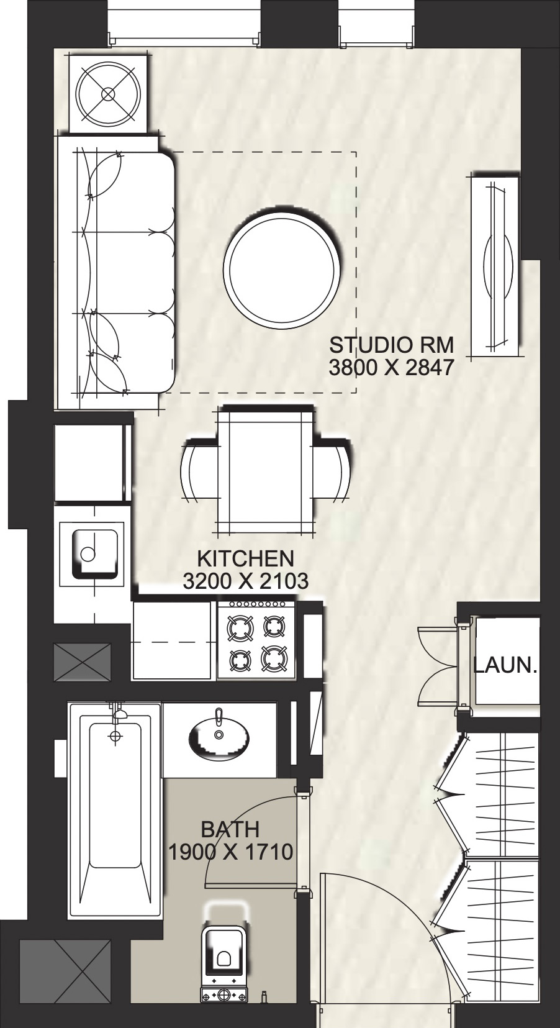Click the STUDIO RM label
point(391,343)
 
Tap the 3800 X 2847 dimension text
point(391,368)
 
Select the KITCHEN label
point(245,557)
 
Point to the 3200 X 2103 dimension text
point(246,581)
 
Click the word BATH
point(230,829)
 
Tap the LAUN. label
point(505,666)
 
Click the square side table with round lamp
point(108,94)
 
